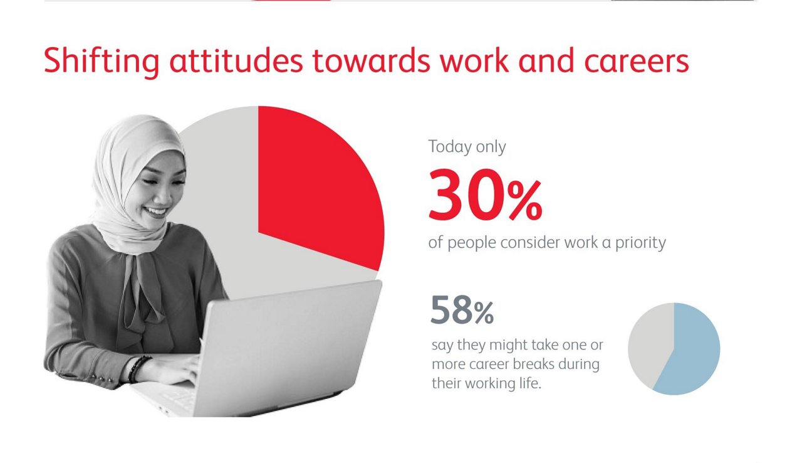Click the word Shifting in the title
[x=102, y=61]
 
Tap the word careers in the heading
[x=636, y=61]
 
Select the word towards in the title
[x=372, y=61]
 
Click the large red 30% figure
[x=485, y=194]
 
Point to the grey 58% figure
[x=462, y=310]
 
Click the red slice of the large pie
[x=315, y=183]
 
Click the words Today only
[x=467, y=147]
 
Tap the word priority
[x=640, y=243]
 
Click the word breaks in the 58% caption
[x=533, y=364]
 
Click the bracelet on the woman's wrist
[x=138, y=368]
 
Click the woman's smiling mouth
[x=156, y=211]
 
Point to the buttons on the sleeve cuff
[x=102, y=378]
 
